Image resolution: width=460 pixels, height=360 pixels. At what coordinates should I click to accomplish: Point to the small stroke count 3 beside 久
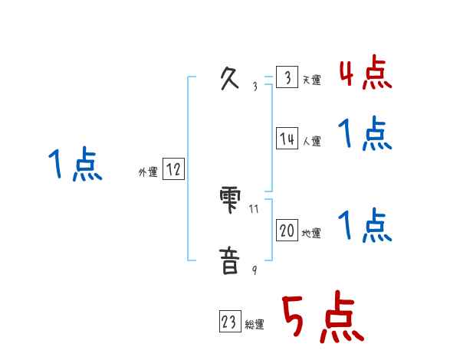(255, 87)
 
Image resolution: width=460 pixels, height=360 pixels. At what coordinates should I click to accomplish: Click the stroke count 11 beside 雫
(254, 208)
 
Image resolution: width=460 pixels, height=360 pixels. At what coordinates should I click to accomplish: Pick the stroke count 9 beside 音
(255, 270)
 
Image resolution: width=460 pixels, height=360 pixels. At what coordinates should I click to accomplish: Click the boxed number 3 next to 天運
(287, 78)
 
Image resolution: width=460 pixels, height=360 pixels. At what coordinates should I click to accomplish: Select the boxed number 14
(287, 139)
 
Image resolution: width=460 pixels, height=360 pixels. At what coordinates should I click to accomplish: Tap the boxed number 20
(287, 231)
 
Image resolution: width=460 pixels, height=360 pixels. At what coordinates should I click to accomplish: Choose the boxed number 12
(173, 170)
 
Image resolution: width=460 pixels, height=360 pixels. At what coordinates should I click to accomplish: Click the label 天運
(311, 80)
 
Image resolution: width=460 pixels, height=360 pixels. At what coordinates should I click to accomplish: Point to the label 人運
(311, 141)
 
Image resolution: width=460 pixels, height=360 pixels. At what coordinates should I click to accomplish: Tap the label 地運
(311, 234)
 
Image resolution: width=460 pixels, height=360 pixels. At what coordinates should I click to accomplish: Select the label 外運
(147, 172)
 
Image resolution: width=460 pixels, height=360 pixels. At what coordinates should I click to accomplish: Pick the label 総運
(255, 325)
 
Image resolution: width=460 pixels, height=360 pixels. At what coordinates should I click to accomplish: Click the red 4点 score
(365, 73)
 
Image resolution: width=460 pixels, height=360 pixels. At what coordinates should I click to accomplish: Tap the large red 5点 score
(321, 319)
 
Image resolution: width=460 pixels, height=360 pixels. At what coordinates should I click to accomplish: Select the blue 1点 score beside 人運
(365, 134)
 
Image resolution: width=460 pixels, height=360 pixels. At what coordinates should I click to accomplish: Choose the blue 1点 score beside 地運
(365, 225)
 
